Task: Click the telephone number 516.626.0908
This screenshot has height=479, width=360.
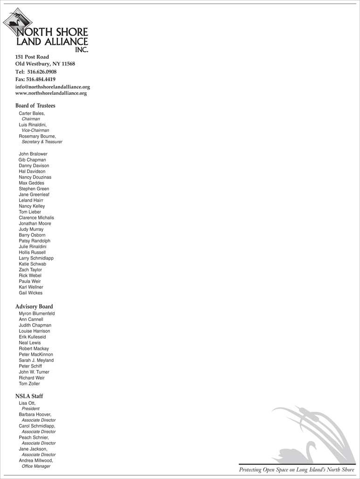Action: tap(42, 72)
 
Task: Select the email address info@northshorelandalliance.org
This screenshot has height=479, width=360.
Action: tap(52, 87)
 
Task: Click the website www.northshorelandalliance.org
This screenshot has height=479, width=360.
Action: tap(51, 93)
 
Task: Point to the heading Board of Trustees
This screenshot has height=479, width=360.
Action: tap(35, 105)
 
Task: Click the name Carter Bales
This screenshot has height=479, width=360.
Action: tap(32, 113)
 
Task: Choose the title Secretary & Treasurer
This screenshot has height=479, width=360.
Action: tap(42, 142)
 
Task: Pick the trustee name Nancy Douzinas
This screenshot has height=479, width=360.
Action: tap(35, 177)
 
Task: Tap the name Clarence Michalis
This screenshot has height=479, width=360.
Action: tap(36, 218)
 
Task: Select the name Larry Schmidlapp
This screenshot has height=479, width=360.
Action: tap(36, 258)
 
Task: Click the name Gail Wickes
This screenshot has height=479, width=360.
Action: tap(31, 293)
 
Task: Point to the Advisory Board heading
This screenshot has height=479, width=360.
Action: tap(34, 306)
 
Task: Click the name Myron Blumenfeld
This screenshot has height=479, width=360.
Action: tap(37, 314)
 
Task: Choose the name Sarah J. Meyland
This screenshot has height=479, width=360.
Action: tap(36, 360)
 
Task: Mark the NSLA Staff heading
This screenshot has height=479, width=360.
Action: tap(29, 396)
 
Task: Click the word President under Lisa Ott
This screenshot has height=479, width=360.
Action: tap(31, 409)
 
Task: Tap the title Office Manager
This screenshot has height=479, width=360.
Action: tap(36, 466)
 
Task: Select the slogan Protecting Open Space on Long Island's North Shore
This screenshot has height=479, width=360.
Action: tap(297, 470)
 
